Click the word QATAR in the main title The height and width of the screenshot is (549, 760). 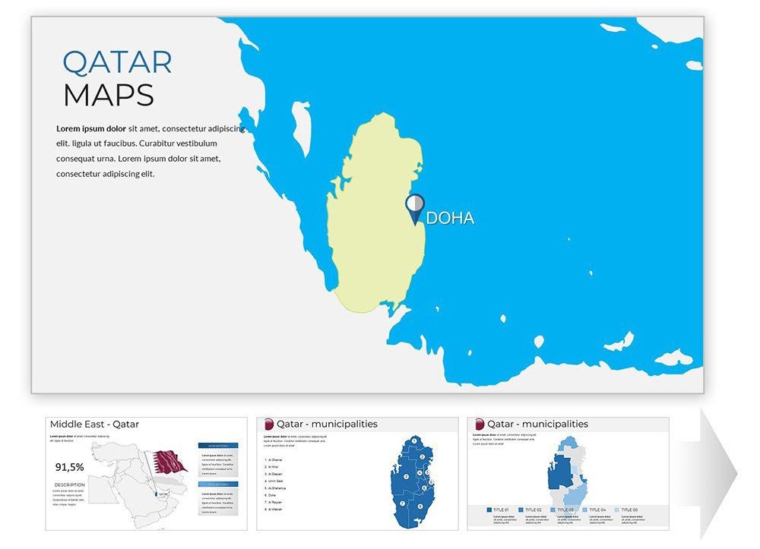tap(117, 62)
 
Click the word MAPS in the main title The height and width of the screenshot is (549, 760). tap(108, 96)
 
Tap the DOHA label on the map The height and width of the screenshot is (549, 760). tap(450, 219)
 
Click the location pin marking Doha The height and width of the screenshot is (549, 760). tap(414, 207)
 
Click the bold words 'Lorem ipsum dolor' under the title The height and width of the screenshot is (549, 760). tap(91, 128)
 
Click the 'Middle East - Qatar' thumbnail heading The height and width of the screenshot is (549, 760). tap(94, 424)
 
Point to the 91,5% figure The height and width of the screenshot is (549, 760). tap(70, 467)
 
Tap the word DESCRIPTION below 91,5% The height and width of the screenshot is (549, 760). tap(69, 484)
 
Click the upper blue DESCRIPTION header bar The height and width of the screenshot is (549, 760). tap(218, 446)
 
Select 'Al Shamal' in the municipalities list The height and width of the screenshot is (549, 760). tap(274, 460)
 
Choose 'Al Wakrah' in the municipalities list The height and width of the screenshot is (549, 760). tap(274, 510)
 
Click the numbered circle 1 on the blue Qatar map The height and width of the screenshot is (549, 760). tap(413, 441)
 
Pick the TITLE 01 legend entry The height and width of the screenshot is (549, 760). tap(497, 510)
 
